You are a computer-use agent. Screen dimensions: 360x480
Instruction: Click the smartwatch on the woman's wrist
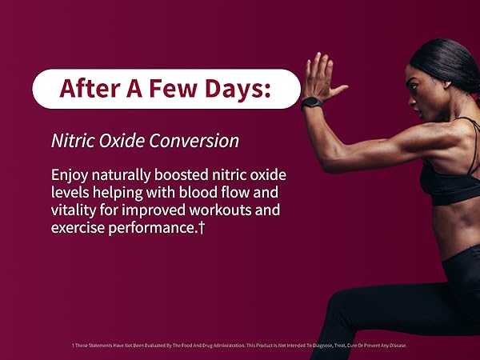pyautogui.click(x=312, y=103)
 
